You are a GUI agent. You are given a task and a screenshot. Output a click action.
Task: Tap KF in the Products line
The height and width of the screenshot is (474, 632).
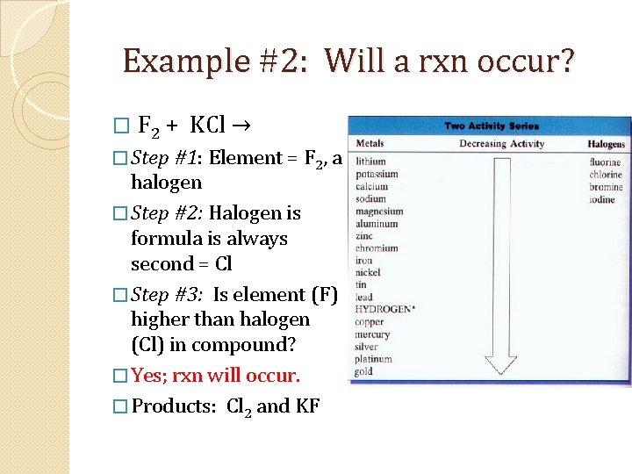click(306, 406)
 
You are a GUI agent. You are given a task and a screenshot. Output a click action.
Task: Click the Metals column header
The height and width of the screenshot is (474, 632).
click(370, 144)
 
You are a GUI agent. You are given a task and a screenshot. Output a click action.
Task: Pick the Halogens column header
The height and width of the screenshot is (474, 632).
click(605, 144)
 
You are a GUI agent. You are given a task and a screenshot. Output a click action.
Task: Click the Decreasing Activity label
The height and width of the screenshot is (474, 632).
click(501, 144)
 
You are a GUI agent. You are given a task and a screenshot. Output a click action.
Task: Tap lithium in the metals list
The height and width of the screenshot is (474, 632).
click(371, 162)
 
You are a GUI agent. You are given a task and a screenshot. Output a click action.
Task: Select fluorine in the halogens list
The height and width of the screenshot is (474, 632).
click(606, 162)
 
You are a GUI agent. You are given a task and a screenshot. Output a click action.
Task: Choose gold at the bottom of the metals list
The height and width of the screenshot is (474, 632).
click(364, 371)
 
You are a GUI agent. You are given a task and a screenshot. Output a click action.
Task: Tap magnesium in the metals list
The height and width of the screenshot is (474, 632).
click(379, 212)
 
